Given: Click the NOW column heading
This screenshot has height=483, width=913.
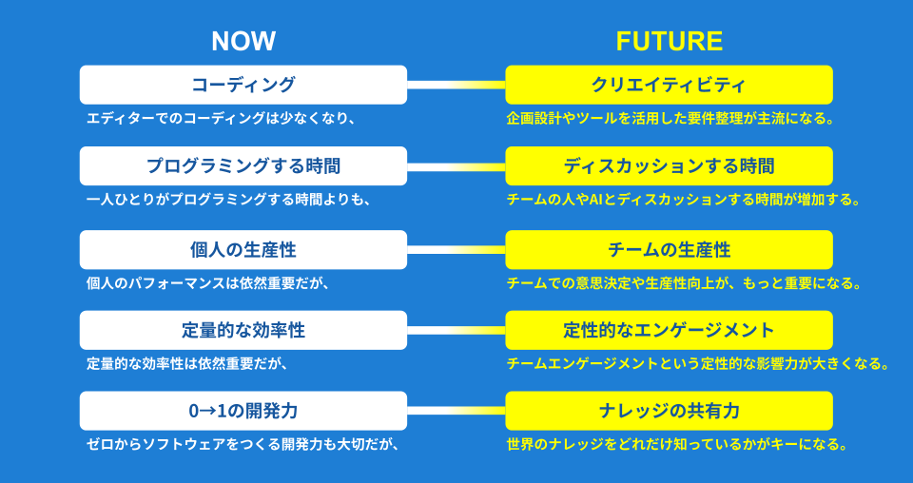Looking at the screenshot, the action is [x=243, y=41].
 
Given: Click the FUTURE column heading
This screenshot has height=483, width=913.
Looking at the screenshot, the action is [x=669, y=41].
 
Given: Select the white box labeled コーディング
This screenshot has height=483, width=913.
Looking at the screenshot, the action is [x=243, y=85].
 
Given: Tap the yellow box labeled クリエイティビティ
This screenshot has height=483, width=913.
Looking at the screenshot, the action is [x=669, y=85].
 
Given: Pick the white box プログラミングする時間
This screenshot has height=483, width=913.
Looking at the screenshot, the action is [x=243, y=165].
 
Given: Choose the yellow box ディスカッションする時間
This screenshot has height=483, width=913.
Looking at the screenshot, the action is [x=669, y=165].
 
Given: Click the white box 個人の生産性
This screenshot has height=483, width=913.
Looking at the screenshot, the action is [x=243, y=250].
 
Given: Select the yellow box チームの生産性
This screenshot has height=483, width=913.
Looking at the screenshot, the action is [x=669, y=250].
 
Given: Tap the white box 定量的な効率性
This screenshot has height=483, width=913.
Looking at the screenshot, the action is [x=243, y=330].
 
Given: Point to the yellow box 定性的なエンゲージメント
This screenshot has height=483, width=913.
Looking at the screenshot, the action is [x=669, y=330].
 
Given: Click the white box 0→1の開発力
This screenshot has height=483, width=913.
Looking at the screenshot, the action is [x=243, y=411].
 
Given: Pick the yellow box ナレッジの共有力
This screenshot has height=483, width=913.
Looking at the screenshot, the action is [x=669, y=411].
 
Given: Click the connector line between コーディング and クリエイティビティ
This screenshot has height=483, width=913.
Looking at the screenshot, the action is [x=456, y=85].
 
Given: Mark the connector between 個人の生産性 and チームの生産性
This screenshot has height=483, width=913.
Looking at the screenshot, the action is [x=456, y=250].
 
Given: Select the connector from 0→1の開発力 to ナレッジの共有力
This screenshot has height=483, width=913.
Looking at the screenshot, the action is [x=456, y=411].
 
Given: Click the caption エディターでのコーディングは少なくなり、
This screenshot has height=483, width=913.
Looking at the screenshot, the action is [x=221, y=119].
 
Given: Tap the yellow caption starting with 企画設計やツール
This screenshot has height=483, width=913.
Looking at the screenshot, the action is [x=670, y=119].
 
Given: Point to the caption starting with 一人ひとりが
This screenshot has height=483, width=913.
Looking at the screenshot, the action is [x=228, y=200].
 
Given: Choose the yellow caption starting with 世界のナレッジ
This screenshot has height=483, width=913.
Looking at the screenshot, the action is [x=676, y=445].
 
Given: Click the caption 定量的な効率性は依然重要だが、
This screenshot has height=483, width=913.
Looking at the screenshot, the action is [x=187, y=364].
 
